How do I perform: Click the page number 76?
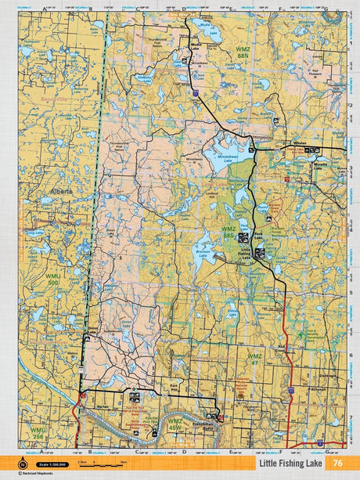(x=337, y=463)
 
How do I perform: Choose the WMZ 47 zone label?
(x=255, y=358)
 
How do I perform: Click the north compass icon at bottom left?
(x=13, y=463)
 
